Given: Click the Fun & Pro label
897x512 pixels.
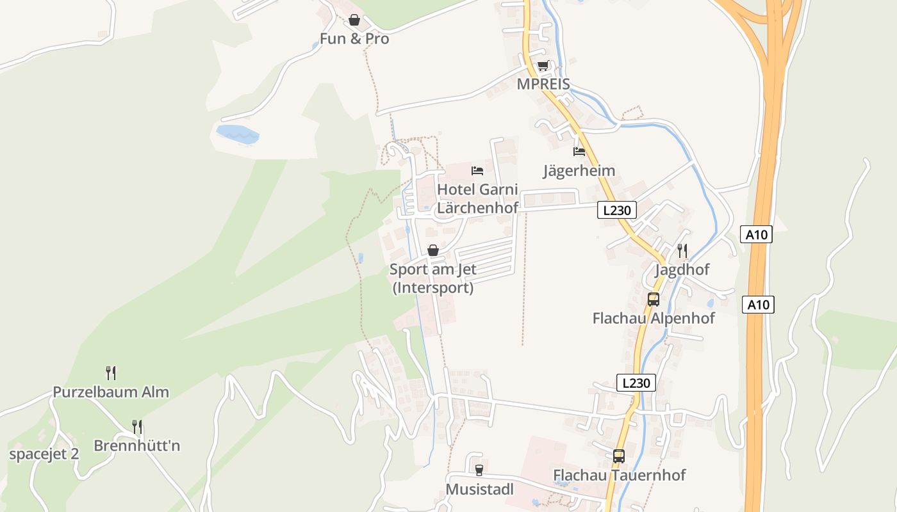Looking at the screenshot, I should (354, 39).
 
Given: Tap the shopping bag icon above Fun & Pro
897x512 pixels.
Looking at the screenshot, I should (354, 20).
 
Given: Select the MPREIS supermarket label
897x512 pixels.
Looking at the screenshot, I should (543, 85).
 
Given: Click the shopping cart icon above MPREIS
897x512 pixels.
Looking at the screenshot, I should (543, 66).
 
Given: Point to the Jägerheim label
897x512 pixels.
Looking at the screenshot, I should (579, 171).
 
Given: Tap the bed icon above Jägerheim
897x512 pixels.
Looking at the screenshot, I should (579, 152).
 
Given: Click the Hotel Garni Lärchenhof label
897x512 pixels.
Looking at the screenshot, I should (477, 198).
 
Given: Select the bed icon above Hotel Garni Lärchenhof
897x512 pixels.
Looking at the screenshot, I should (477, 170).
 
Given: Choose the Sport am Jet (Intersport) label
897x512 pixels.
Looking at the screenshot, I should (433, 278).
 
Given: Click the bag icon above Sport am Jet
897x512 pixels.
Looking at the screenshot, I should (433, 250).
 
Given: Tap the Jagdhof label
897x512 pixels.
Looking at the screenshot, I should (682, 269).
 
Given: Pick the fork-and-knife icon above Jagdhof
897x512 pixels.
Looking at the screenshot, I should (682, 250).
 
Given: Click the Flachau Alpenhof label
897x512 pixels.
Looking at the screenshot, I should (654, 318).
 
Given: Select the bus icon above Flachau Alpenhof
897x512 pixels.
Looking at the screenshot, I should (654, 299).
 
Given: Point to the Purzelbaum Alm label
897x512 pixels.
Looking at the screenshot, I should (111, 392).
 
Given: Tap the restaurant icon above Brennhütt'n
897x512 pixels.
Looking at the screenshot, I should (137, 426).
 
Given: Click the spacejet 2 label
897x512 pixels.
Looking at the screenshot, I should (44, 454).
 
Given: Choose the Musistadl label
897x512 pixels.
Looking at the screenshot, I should (479, 490).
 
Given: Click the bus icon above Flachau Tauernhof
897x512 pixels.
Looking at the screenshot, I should (619, 456).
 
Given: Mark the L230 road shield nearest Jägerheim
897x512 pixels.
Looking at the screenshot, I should (617, 210).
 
